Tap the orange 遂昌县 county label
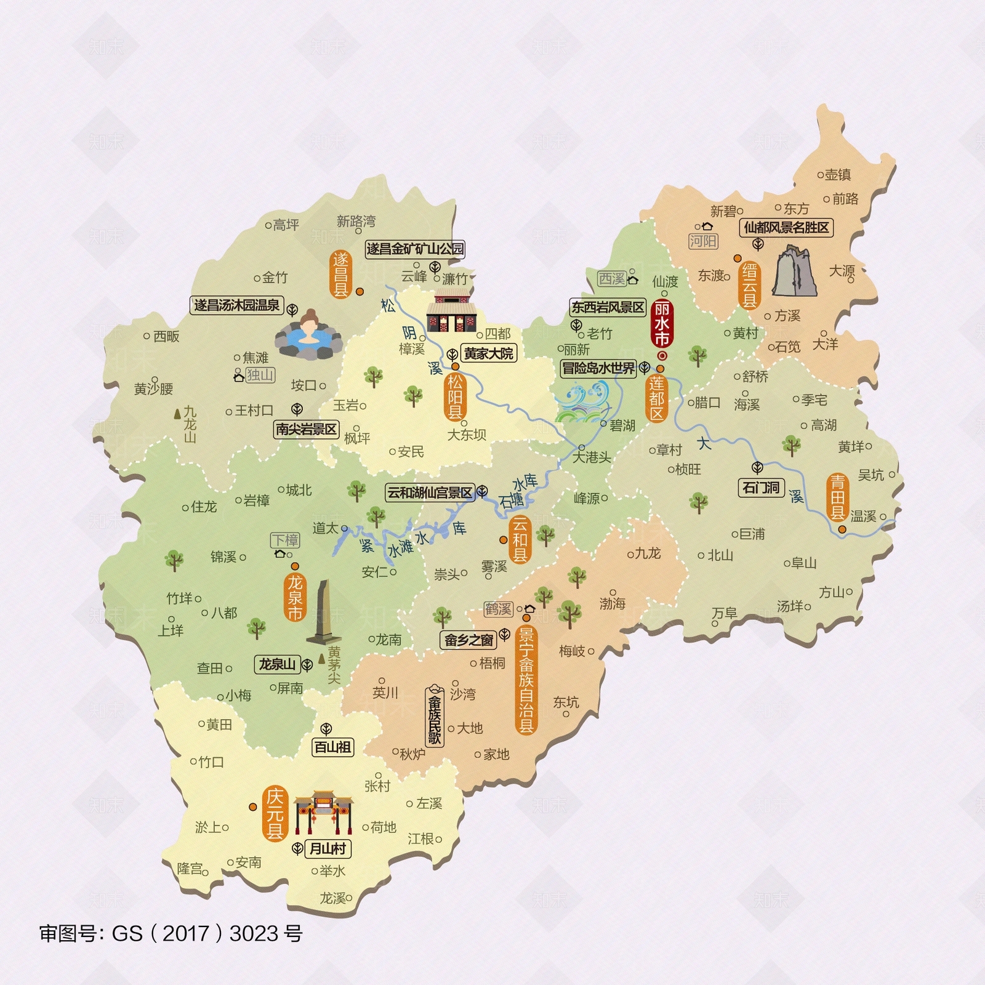pyautogui.click(x=340, y=275)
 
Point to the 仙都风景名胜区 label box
pyautogui.click(x=786, y=228)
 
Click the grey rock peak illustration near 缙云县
pyautogui.click(x=794, y=271)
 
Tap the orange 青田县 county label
pyautogui.click(x=837, y=497)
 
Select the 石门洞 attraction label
pyautogui.click(x=761, y=488)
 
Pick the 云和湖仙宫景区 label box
pyautogui.click(x=430, y=492)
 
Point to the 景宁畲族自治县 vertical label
pyautogui.click(x=526, y=680)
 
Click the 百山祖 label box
pyautogui.click(x=332, y=747)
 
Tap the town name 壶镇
pyautogui.click(x=837, y=175)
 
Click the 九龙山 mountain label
pyautogui.click(x=190, y=424)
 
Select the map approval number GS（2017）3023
pyautogui.click(x=171, y=933)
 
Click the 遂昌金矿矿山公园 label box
pyautogui.click(x=415, y=249)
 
